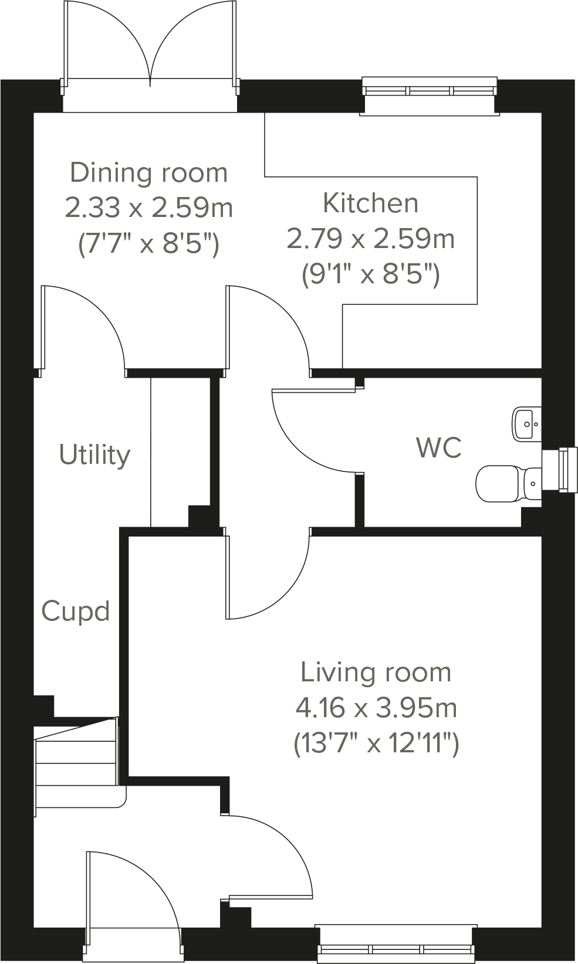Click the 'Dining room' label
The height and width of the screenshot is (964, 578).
[x=148, y=173]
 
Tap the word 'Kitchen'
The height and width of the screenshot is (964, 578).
[x=371, y=203]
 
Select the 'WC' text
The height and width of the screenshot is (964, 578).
[x=438, y=447]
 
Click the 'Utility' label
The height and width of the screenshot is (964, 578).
[x=94, y=455]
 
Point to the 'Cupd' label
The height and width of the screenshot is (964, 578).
[x=76, y=612]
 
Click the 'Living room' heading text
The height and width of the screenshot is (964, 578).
[x=376, y=672]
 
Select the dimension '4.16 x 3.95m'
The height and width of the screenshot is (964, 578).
[x=376, y=708]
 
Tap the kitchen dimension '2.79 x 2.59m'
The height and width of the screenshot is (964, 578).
[x=371, y=239]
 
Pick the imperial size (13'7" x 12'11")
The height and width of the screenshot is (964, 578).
[x=376, y=744]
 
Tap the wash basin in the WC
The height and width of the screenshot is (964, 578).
[x=526, y=424]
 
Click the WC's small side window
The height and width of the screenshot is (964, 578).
[x=560, y=469]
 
